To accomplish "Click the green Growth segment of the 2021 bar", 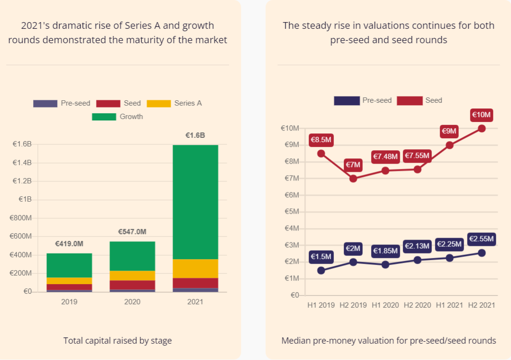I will tap(195, 202).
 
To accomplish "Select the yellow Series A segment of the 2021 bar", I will tap(195, 268).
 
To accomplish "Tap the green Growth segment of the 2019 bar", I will tap(69, 265).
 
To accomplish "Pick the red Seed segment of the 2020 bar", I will tap(132, 285).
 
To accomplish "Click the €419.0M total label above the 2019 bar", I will tap(69, 244).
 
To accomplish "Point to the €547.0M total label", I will tap(132, 232).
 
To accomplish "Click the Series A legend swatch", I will tap(158, 103).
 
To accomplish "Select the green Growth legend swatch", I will tap(104, 117).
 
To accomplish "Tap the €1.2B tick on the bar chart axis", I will tap(22, 181).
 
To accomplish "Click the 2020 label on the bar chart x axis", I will tap(132, 302).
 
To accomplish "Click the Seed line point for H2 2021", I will tap(482, 128).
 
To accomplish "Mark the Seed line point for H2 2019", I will tap(353, 178).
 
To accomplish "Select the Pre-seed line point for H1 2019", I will tap(321, 270).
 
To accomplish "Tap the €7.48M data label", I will tap(385, 156).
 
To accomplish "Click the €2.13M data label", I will tap(417, 246).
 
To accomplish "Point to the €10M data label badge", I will tap(481, 115).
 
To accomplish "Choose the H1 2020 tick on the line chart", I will tap(385, 305).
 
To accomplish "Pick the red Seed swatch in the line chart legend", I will tap(409, 100).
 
